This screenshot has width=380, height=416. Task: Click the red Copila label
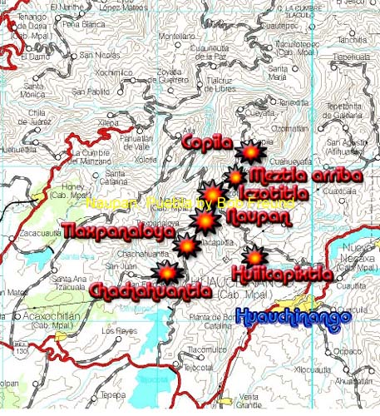[206, 142]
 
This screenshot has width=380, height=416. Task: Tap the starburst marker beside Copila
[249, 152]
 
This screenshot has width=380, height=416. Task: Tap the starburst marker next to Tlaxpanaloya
[187, 246]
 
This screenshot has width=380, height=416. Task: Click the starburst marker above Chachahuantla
[167, 271]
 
